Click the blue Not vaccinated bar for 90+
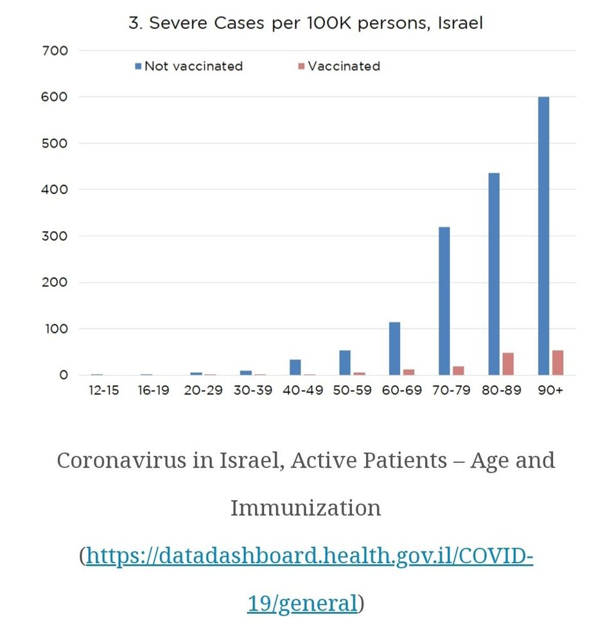[543, 236]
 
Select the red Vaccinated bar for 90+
[557, 363]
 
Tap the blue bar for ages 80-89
[494, 274]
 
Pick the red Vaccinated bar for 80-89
[508, 364]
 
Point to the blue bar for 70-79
[444, 301]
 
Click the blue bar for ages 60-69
[394, 349]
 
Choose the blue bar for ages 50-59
[345, 363]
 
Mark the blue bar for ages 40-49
[295, 367]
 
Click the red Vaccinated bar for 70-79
[459, 370]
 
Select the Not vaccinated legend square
[139, 66]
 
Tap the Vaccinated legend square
[301, 66]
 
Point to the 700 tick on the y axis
[55, 51]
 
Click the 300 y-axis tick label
[55, 236]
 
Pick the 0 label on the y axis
[64, 375]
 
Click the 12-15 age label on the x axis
[103, 390]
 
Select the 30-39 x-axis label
[253, 390]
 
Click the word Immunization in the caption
[306, 508]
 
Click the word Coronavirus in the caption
[121, 460]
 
